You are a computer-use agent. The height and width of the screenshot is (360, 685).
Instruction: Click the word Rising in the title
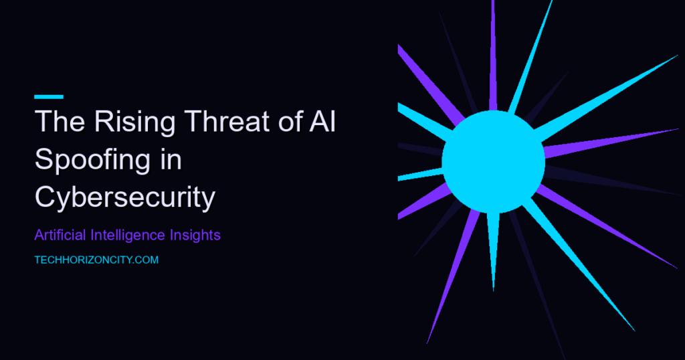[x=134, y=122]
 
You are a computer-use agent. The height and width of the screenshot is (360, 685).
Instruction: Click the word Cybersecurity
[x=125, y=197]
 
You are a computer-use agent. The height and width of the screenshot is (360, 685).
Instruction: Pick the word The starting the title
[x=60, y=121]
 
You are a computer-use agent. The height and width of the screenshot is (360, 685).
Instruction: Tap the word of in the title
[x=290, y=121]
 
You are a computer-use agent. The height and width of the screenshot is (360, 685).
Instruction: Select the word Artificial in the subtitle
[x=60, y=235]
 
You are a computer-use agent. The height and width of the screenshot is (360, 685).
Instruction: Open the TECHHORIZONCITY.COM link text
[x=96, y=260]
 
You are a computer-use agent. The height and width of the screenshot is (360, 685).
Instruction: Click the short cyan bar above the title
[x=49, y=96]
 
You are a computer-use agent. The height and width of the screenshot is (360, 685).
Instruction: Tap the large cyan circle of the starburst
[x=493, y=162]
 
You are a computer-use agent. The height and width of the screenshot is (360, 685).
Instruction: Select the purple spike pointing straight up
[x=493, y=56]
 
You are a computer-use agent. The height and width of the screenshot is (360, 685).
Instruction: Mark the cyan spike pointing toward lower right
[x=579, y=265]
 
